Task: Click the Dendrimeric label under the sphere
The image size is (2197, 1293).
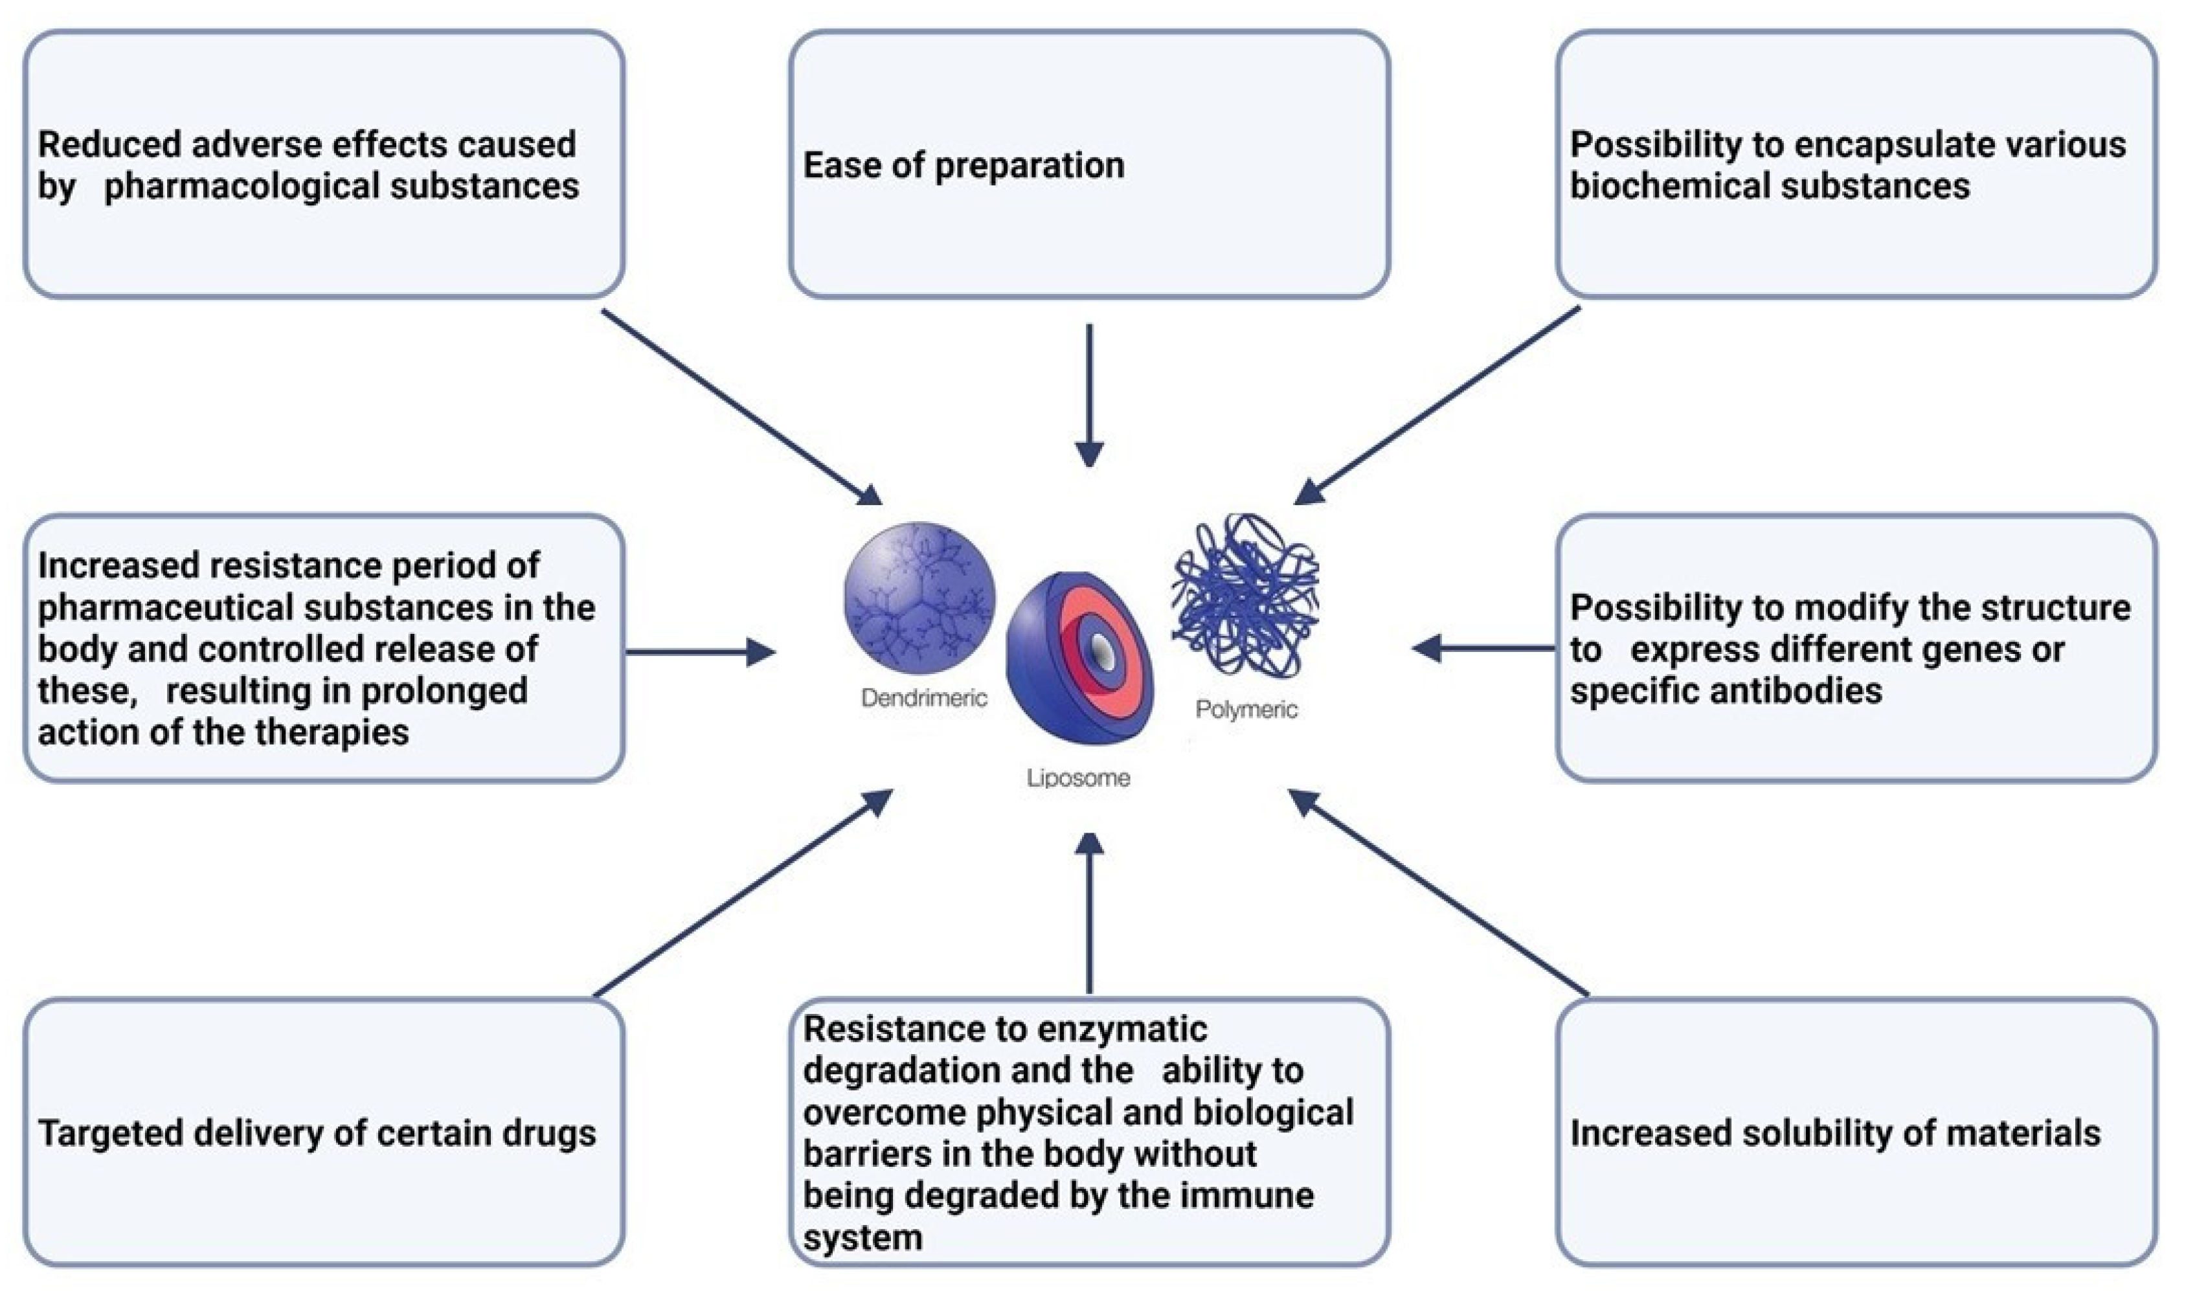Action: tap(923, 697)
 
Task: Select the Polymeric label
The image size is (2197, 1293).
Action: tap(1246, 710)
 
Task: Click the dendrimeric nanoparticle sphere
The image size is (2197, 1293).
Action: tap(919, 598)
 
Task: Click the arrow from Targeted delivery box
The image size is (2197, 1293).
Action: tap(741, 894)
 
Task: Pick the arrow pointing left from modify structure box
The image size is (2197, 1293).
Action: tap(1482, 648)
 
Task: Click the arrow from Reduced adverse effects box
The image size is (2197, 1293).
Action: tap(741, 407)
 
